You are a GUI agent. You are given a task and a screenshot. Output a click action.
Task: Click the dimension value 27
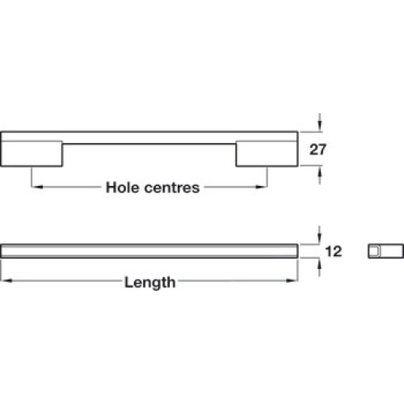[318, 149]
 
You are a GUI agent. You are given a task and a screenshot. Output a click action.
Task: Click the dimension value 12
[334, 251]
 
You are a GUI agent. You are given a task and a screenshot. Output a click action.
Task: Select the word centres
[172, 187]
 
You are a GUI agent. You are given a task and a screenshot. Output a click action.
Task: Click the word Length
[149, 283]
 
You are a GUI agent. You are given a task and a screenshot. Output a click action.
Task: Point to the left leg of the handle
[32, 154]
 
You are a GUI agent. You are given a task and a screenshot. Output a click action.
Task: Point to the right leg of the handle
[267, 154]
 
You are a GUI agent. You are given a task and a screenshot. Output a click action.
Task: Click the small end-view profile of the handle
[386, 251]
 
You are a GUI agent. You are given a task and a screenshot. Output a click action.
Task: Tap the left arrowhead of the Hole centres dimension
[37, 187]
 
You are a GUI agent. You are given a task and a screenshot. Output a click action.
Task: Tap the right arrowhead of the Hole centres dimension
[262, 187]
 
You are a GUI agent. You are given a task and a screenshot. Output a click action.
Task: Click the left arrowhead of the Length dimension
[6, 280]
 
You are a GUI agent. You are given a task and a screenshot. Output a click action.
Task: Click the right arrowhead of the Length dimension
[292, 280]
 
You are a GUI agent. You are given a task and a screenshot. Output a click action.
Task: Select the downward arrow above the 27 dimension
[320, 123]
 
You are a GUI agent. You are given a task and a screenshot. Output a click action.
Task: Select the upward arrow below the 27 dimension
[320, 175]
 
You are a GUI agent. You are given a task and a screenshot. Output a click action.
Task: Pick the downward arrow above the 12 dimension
[319, 235]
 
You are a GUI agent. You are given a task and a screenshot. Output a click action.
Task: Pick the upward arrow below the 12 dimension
[319, 267]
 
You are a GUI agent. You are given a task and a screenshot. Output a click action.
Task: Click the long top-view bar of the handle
[149, 251]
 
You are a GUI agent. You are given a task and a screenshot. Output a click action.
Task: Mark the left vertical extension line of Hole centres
[32, 177]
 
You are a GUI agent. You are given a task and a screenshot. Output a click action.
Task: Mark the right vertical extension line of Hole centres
[267, 177]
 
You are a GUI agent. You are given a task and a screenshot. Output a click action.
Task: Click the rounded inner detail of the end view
[374, 251]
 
